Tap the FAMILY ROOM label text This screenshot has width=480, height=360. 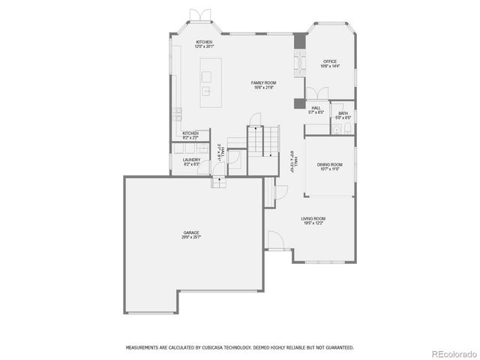pos(263,82)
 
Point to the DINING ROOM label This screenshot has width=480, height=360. pos(329,164)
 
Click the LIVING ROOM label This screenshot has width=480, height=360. pos(313,218)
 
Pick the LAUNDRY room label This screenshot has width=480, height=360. pos(190,159)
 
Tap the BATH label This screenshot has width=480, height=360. pos(343,113)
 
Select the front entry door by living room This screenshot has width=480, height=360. pos(274,241)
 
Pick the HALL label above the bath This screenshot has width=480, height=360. pos(316,108)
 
